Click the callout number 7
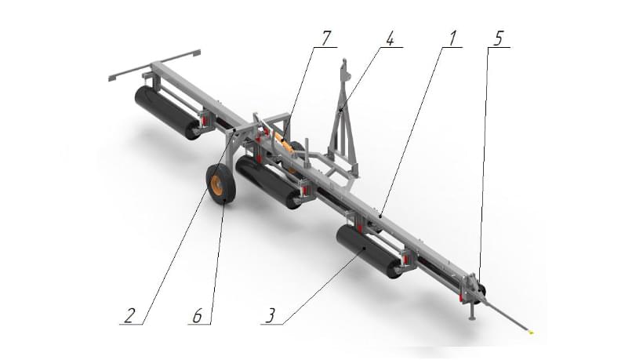(325, 38)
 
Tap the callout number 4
(390, 38)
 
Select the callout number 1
(452, 38)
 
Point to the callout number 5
(498, 38)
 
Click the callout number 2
(129, 316)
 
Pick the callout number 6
(198, 316)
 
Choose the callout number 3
(271, 316)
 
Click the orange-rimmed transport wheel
(220, 184)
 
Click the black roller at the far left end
(166, 113)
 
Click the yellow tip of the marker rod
(531, 333)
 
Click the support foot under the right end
(472, 311)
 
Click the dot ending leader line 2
(234, 130)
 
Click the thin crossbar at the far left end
(154, 65)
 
